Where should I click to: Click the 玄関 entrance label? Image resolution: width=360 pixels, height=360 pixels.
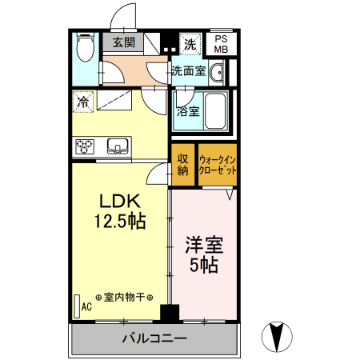point(123,42)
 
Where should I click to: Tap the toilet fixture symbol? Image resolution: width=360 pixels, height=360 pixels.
point(84,49)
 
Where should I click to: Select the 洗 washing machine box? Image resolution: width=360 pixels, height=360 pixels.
point(190,42)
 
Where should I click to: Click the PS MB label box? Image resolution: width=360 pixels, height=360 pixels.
point(222,43)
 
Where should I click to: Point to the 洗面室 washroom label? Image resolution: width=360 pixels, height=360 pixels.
point(189,71)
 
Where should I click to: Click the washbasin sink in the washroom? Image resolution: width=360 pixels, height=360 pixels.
point(219,72)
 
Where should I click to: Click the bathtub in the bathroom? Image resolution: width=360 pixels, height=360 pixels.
point(215,112)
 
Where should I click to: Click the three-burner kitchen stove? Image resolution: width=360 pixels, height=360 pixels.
point(86,146)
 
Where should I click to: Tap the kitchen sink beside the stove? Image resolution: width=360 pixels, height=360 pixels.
point(117,146)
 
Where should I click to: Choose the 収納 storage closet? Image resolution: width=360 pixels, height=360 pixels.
point(182,163)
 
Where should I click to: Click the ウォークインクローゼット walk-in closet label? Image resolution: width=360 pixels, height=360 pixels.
point(218,164)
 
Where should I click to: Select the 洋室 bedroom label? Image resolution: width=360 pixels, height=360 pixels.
point(204,243)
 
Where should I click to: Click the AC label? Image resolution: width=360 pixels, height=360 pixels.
point(86,305)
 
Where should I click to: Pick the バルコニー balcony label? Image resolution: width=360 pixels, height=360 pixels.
point(154,338)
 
